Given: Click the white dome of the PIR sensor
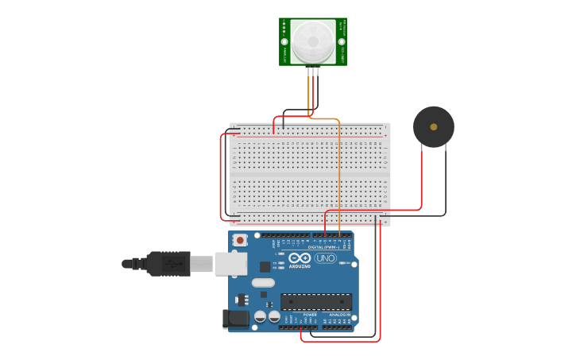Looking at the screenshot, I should tap(312, 41).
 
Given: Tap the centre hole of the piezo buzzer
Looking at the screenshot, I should tap(433, 126).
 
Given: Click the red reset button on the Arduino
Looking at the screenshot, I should tap(240, 239).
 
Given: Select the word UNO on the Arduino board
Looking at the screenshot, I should tap(326, 257).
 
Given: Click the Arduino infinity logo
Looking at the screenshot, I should tap(300, 258).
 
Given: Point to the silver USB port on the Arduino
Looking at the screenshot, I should tap(231, 264).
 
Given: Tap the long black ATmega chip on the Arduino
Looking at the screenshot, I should tap(315, 302).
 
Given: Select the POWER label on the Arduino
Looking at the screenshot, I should tap(309, 315).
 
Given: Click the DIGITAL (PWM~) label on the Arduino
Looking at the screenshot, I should tap(323, 247).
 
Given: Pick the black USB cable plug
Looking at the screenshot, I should tap(168, 263).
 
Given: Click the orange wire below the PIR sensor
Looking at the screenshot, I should tap(339, 175).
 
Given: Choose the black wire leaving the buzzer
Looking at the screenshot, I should tap(446, 183).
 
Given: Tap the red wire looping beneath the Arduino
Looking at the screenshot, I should tap(342, 341).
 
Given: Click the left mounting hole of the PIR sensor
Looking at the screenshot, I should tap(284, 41).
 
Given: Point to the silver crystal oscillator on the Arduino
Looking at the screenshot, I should tap(263, 282).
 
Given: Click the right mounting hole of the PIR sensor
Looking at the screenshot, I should tap(342, 41).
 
